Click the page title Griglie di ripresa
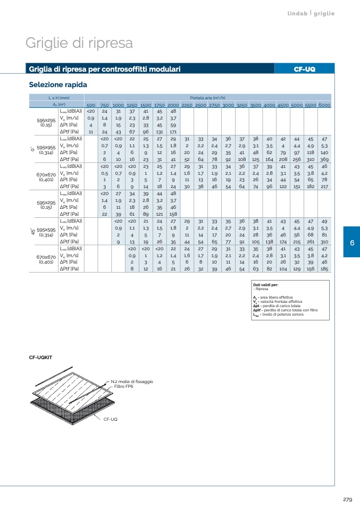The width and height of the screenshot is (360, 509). [x=79, y=43]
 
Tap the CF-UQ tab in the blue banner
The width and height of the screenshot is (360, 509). [x=305, y=69]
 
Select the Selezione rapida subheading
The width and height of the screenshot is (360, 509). [x=58, y=84]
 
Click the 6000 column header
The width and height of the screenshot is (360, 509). [x=324, y=105]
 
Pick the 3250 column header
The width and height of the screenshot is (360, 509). [x=242, y=105]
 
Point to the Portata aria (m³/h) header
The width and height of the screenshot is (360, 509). [x=208, y=98]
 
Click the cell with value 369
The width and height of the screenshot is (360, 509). [x=324, y=159]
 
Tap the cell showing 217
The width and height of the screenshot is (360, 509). [x=324, y=186]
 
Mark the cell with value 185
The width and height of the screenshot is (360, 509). [x=324, y=269]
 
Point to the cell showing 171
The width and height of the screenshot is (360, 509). [x=173, y=132]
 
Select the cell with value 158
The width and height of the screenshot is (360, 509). [x=173, y=214]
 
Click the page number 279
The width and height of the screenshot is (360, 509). [x=347, y=499]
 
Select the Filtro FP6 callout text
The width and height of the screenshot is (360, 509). [x=124, y=386]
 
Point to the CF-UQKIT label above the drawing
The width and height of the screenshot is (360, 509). [x=40, y=358]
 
